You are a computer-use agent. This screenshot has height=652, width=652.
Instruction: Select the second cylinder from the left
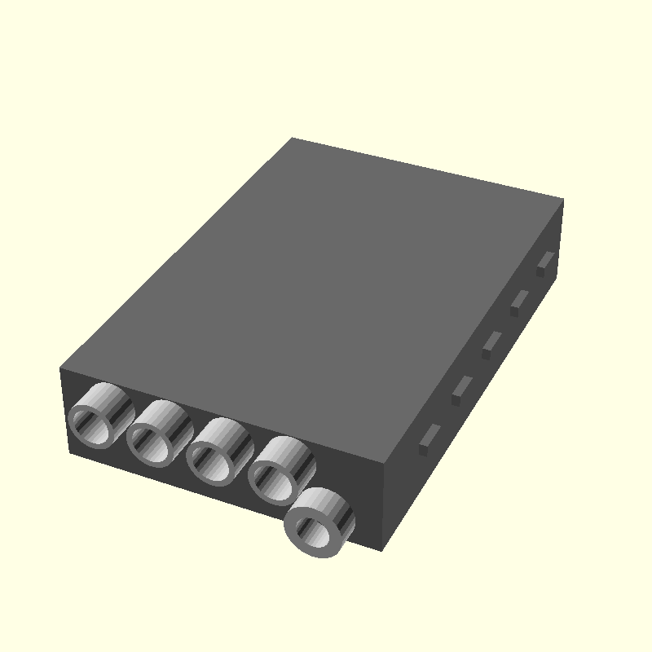tap(160, 433)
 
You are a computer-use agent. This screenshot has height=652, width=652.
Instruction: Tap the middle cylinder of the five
tap(218, 451)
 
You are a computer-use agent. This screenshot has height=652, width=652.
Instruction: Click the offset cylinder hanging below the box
tap(319, 522)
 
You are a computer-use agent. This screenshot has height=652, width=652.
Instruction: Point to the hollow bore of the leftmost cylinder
tap(91, 426)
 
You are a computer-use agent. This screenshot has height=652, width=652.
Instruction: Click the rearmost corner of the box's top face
tap(292, 139)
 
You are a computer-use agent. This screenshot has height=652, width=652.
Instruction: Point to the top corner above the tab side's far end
tap(563, 199)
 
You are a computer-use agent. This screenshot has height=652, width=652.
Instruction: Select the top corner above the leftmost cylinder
tap(61, 369)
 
